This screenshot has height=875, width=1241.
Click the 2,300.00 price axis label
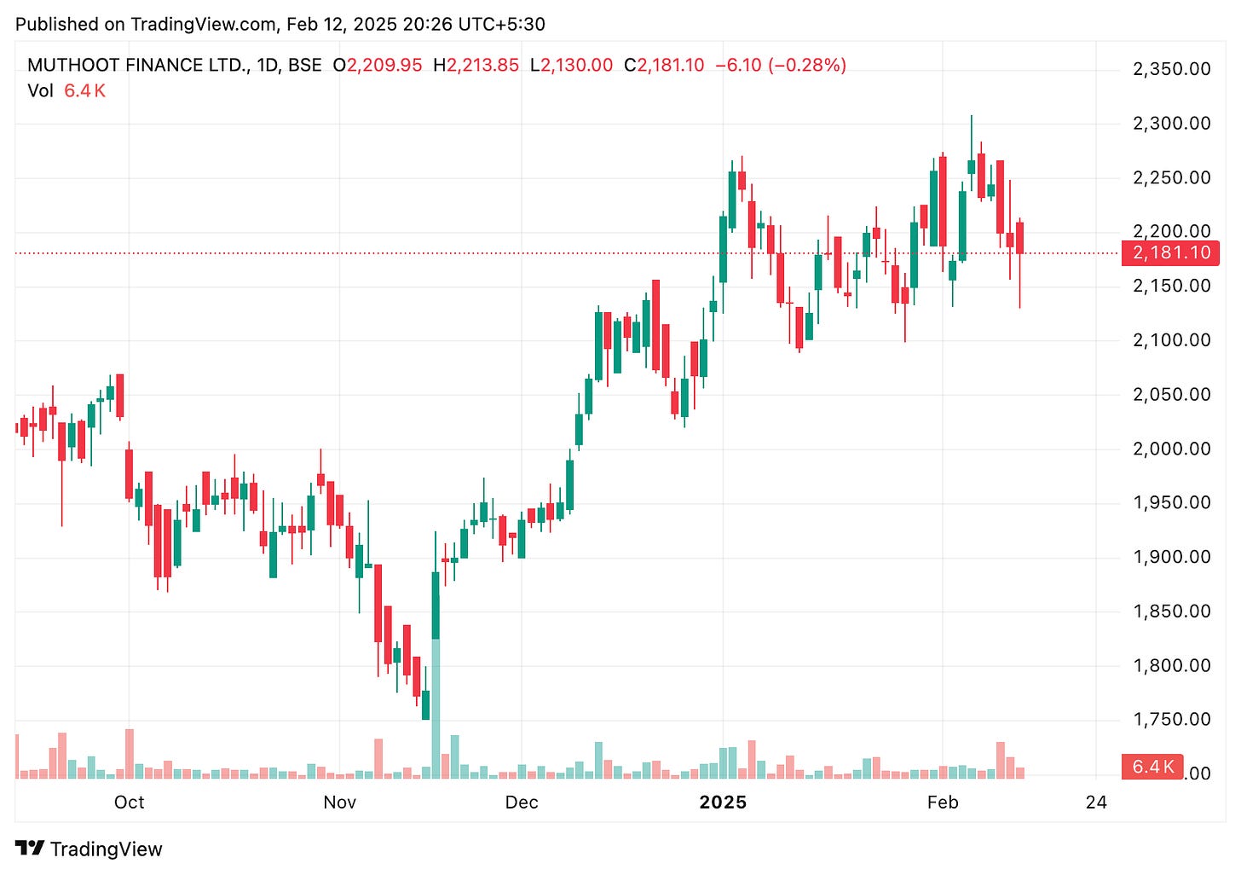coord(1171,124)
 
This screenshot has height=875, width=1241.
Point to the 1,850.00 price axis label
coord(1171,611)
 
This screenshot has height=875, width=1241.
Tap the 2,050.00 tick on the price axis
coord(1171,395)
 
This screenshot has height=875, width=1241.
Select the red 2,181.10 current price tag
coord(1171,253)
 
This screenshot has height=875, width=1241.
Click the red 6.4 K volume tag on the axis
coord(1152,767)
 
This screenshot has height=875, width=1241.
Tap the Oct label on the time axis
coord(130,803)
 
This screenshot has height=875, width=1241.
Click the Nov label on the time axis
coord(339,803)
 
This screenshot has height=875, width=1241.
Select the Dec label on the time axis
coord(522,803)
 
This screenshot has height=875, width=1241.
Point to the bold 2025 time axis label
coord(723,803)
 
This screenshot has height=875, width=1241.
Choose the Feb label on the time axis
coord(943,803)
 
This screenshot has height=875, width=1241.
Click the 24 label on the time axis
coord(1096,803)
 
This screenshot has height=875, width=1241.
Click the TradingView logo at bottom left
coord(89,849)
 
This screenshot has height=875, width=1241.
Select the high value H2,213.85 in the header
coord(476,66)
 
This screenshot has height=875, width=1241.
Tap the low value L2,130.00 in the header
coord(571,66)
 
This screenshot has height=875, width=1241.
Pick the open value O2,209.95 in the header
coord(378,66)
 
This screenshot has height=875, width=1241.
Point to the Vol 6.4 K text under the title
coord(66,91)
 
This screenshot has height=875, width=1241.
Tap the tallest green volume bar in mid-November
coord(436,708)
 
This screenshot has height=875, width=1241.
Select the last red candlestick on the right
coord(1019,238)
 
